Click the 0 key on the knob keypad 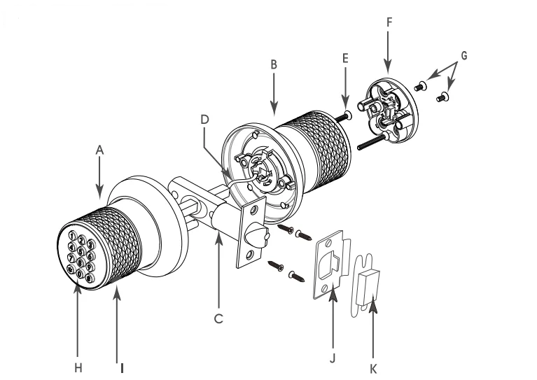coord(79,274)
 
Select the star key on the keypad coord(71,269)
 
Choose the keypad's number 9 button coord(90,267)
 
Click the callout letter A coord(99,150)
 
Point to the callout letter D coord(204,120)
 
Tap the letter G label coord(463,55)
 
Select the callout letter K coord(373,369)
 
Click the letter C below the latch coord(218,318)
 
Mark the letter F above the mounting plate coord(389,22)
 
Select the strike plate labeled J coord(332,265)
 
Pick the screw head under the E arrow coord(349,114)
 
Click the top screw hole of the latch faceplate coord(254,210)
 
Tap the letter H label coord(78,368)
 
